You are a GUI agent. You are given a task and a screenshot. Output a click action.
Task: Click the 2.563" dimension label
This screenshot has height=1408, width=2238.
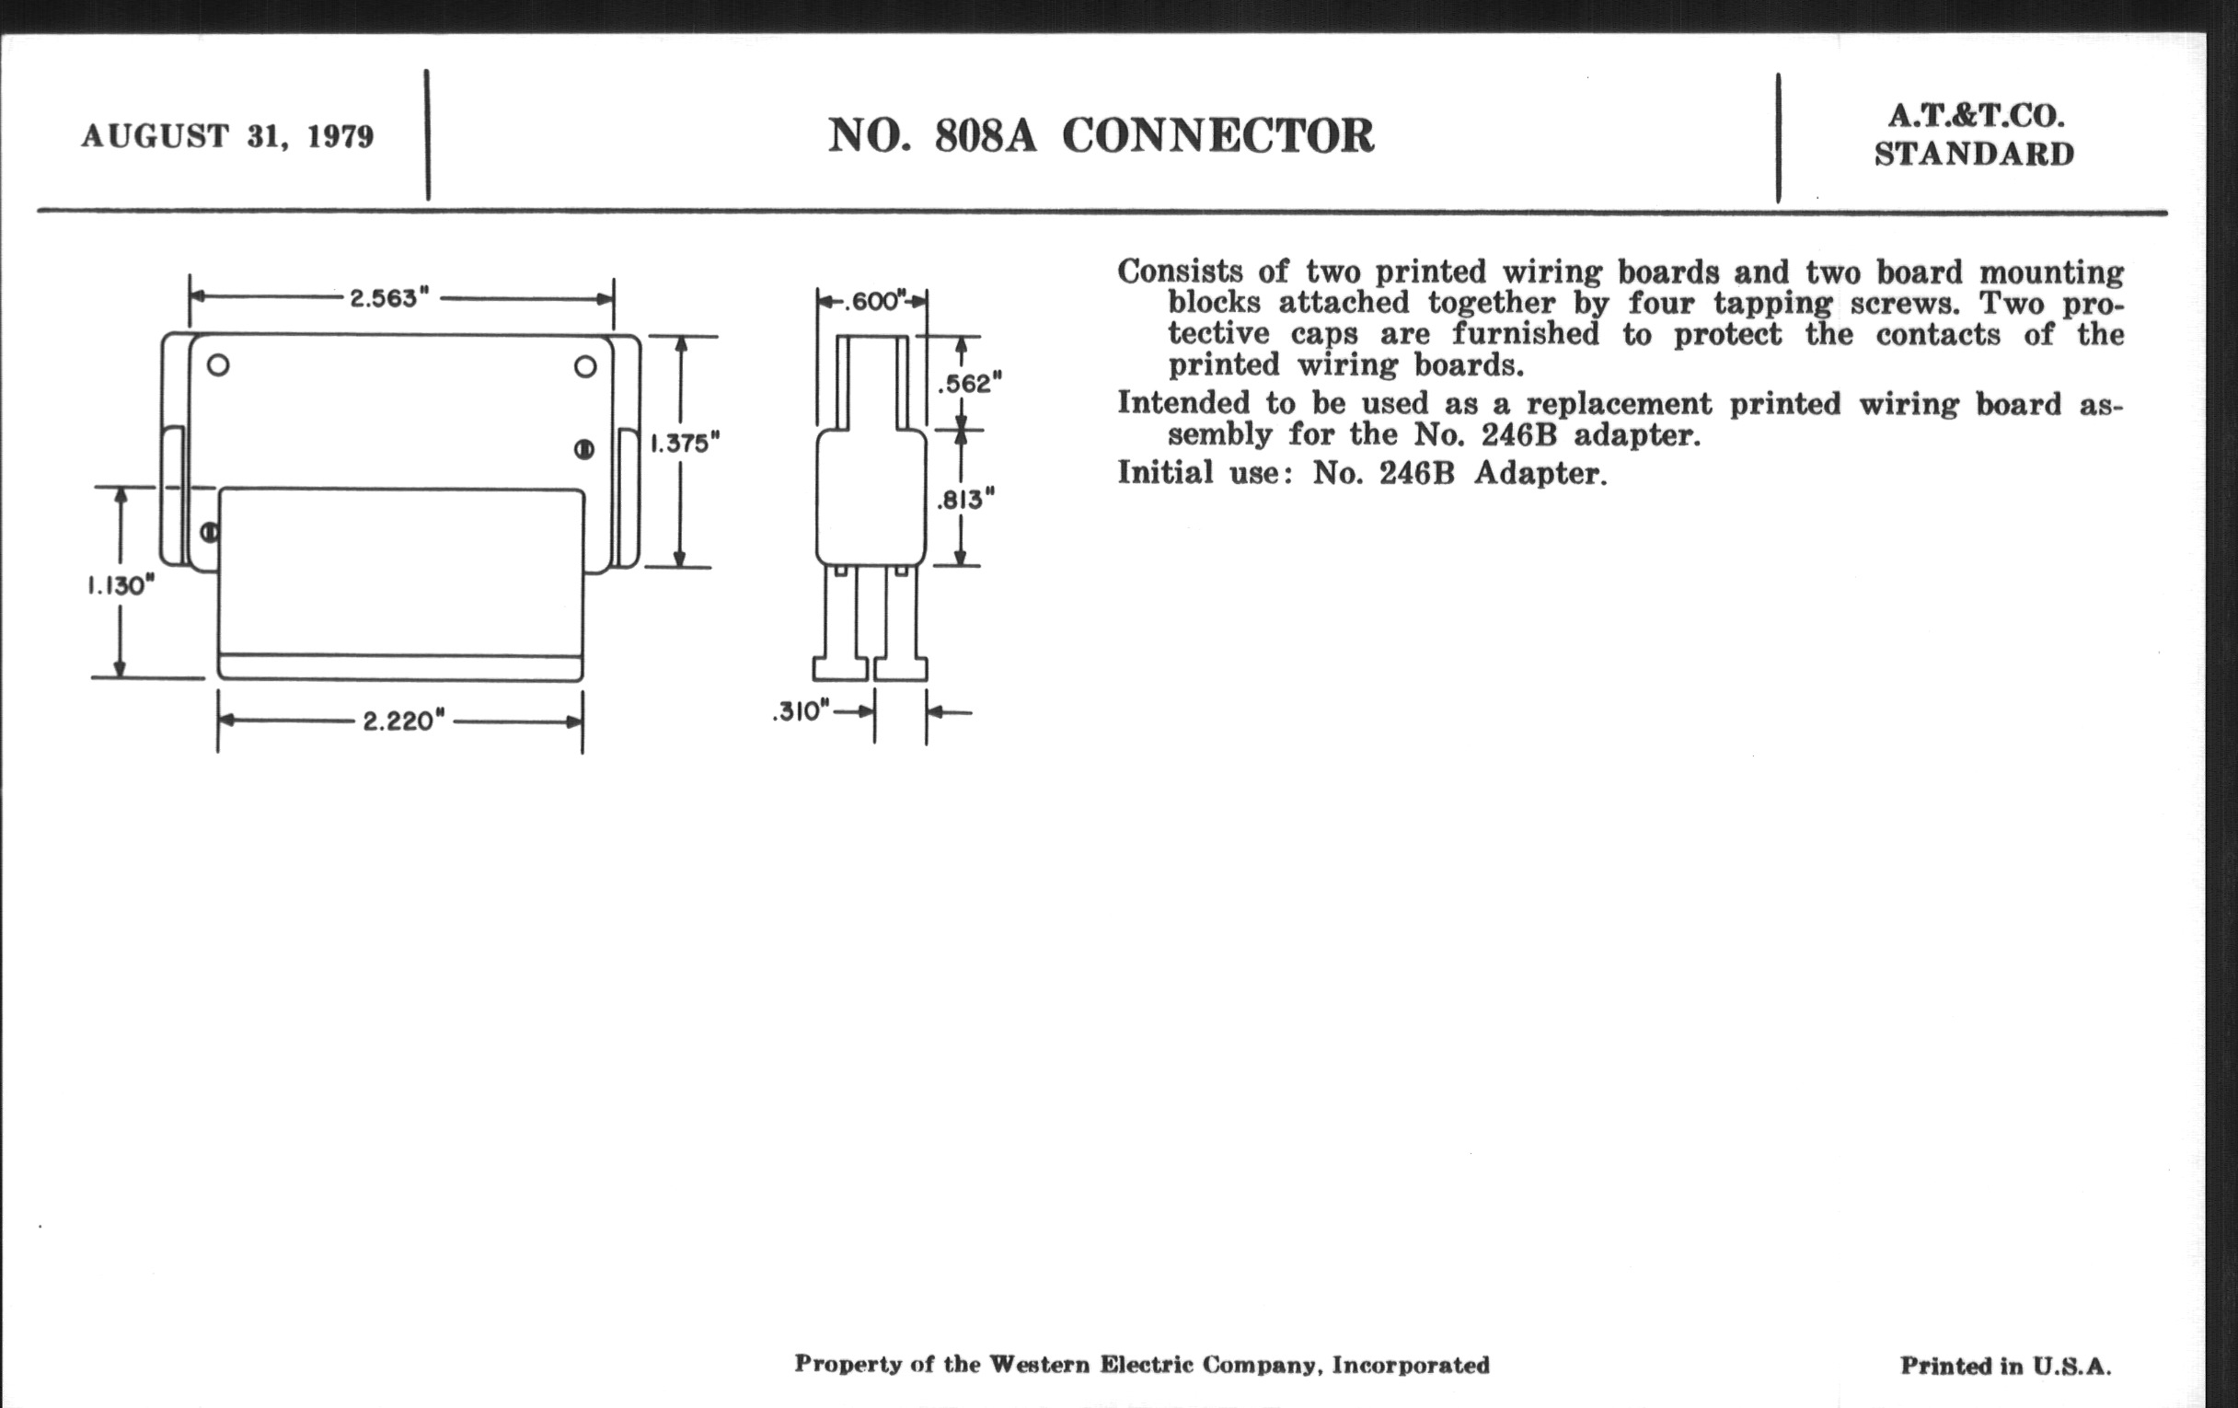pos(388,298)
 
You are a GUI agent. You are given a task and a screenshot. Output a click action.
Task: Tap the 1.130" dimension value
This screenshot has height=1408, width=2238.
pos(121,585)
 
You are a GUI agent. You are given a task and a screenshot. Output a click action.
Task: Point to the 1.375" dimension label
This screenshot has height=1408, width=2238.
pos(685,444)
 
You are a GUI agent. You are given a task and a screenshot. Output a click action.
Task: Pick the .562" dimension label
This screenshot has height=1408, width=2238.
pos(969,383)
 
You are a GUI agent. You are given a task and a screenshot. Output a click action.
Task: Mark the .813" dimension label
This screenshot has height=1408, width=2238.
pos(964,500)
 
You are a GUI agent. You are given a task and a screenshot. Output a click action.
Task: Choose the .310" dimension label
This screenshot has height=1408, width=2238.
pos(801,712)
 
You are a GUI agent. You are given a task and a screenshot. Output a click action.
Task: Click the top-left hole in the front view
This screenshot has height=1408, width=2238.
pos(218,364)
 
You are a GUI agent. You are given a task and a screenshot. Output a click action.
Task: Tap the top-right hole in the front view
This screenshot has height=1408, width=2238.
pos(585,366)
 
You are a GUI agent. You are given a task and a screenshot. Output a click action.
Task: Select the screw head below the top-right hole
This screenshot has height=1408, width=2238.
pos(583,450)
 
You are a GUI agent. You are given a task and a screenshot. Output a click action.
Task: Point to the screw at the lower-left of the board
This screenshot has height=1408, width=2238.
pos(210,533)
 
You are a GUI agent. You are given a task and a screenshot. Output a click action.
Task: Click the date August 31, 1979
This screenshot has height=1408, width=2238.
pos(227,136)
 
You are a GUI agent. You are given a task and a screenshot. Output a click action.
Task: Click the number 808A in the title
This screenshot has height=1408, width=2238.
pos(986,136)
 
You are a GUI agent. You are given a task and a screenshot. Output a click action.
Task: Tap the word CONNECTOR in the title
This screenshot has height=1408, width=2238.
pos(1217,136)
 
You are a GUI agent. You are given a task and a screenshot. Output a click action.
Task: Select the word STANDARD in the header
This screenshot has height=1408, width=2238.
pos(1974,155)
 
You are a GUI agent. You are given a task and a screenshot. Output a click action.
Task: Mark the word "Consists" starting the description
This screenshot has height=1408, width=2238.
pos(1179,271)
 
